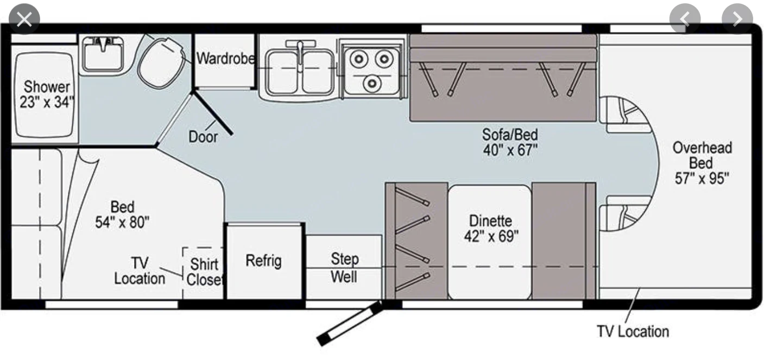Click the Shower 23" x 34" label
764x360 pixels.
click(47, 94)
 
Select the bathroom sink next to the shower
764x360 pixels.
click(103, 54)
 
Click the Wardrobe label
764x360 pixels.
click(225, 58)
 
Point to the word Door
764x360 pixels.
click(203, 136)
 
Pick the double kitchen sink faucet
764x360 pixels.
click(299, 52)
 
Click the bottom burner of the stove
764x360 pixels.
click(372, 83)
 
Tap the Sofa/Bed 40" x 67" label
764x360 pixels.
click(510, 141)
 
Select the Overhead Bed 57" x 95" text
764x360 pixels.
click(702, 163)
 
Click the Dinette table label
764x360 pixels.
click(491, 229)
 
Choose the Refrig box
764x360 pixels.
click(264, 261)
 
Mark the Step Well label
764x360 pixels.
click(344, 267)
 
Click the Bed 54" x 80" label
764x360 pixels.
click(122, 214)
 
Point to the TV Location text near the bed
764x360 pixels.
click(140, 270)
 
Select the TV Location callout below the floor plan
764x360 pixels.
click(633, 331)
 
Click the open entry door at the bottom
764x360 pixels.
click(348, 324)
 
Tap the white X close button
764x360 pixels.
click(24, 20)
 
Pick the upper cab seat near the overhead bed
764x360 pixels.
click(625, 115)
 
